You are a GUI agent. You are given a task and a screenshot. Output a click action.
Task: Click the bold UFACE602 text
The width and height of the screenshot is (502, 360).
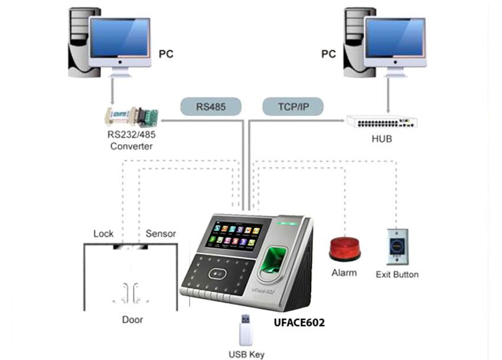coord(299,323)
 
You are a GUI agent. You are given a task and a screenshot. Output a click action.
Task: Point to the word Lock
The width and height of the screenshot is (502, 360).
coord(103,233)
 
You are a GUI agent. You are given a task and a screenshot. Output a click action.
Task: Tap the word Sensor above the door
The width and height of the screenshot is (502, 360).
coord(161,233)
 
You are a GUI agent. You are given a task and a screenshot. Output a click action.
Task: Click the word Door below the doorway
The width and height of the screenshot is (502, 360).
coord(132,320)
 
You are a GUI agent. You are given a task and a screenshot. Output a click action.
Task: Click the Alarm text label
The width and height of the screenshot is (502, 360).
coord(344,273)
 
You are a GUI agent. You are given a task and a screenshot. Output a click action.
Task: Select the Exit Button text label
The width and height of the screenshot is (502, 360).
coord(397,274)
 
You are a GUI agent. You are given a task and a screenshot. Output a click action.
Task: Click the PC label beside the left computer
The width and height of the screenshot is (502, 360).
coord(167,54)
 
